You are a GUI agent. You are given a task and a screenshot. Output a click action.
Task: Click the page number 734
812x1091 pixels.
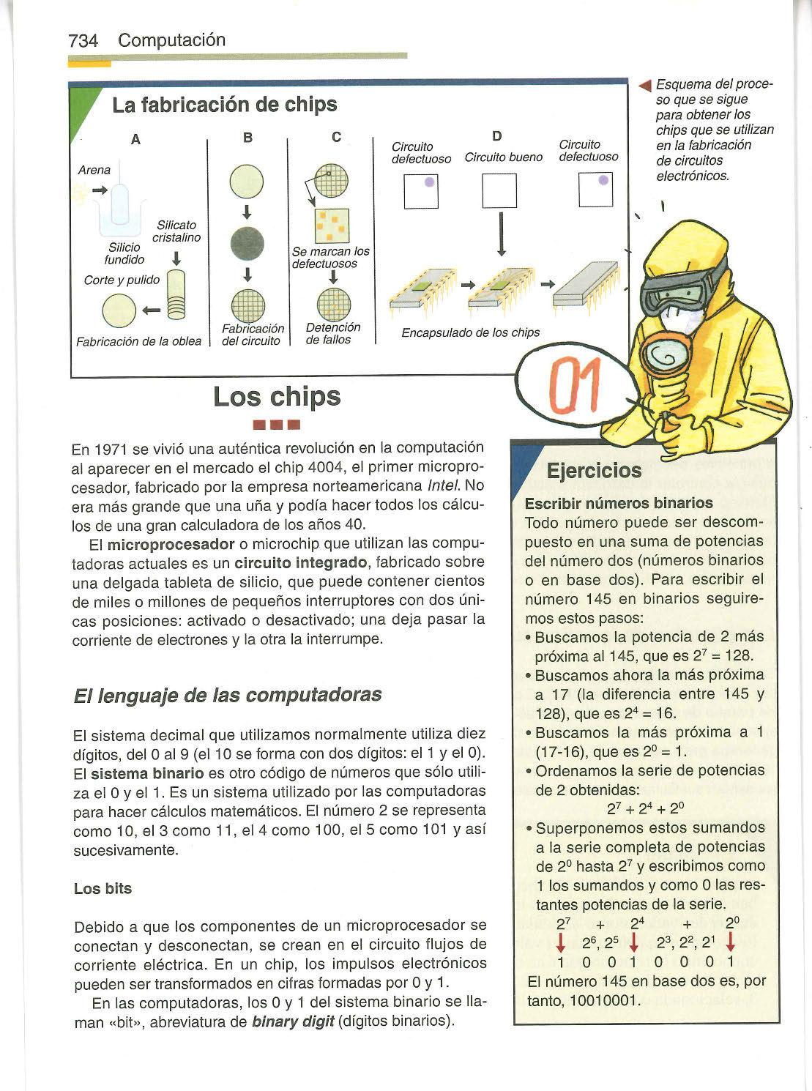83,41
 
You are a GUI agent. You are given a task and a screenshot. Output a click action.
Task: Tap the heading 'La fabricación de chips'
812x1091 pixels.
224,105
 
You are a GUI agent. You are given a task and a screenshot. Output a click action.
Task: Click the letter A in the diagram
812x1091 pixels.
135,139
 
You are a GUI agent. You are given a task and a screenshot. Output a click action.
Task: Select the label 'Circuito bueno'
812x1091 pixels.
503,157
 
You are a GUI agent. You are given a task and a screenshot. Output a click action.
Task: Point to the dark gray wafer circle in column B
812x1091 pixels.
247,243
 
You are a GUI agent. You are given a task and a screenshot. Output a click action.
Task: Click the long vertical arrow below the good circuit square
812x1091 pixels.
501,234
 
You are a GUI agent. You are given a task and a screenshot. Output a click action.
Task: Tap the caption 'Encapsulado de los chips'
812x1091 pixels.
470,332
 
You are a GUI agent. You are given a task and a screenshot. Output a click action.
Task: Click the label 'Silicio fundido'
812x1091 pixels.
124,253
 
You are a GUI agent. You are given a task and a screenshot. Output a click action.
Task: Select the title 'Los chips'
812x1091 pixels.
277,397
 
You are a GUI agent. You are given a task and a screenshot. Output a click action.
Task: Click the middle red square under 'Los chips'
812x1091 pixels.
276,424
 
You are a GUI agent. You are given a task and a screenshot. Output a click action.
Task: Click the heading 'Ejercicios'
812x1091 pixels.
594,470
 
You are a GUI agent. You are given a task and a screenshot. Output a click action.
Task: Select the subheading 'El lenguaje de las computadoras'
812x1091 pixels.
228,694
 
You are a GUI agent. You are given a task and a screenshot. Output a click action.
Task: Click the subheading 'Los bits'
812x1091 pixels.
103,888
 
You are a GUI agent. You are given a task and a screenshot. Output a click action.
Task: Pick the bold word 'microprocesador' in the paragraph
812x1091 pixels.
171,545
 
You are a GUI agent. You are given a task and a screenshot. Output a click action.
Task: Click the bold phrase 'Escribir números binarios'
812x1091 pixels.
619,503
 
